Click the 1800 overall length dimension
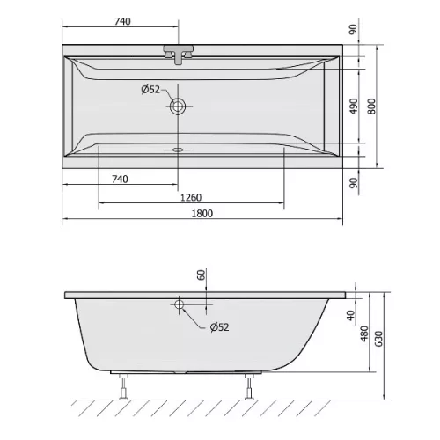(202, 213)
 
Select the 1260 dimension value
(191, 197)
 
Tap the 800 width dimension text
(371, 106)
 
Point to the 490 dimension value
(354, 106)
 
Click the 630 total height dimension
(378, 339)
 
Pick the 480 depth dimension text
(363, 334)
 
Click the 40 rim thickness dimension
(351, 316)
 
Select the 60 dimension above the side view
(202, 275)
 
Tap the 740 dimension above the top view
(122, 21)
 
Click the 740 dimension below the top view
(120, 179)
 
